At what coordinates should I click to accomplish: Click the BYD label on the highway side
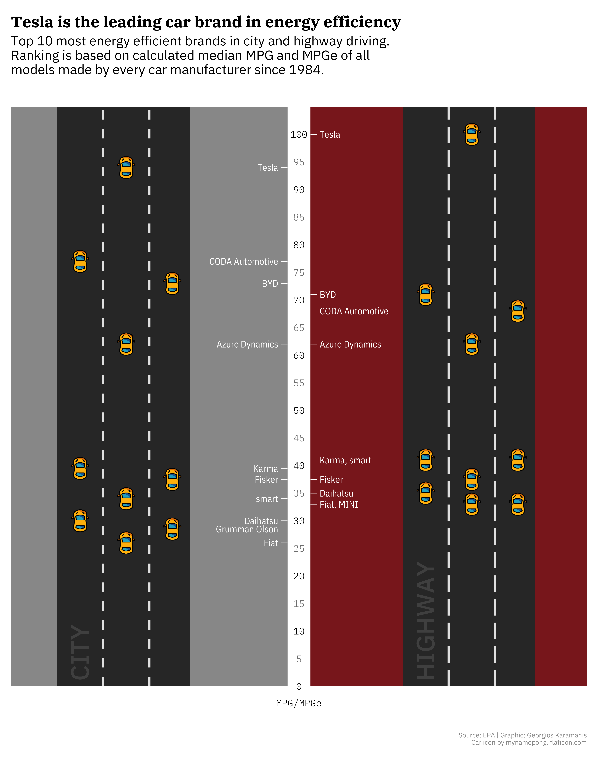(x=328, y=295)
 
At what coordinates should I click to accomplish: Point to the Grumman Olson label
(x=247, y=529)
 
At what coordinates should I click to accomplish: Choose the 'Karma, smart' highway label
(x=345, y=460)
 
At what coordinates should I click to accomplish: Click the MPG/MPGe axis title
(x=299, y=703)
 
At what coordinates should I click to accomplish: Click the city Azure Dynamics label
(x=247, y=345)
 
